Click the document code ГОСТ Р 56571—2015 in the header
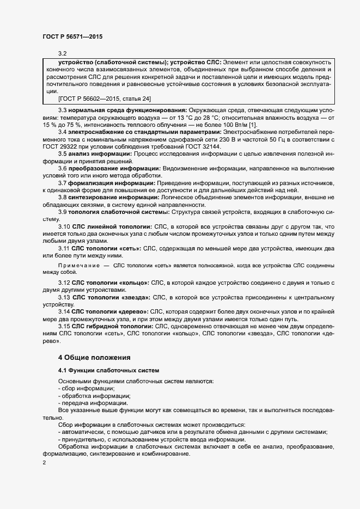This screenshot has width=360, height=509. (72, 36)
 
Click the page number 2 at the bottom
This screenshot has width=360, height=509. (45, 463)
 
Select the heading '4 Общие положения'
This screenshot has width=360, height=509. (94, 357)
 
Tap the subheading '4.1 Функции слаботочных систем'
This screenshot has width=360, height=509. (101, 371)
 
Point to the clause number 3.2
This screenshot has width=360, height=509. (62, 53)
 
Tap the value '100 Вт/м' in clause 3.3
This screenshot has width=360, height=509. (225, 125)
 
